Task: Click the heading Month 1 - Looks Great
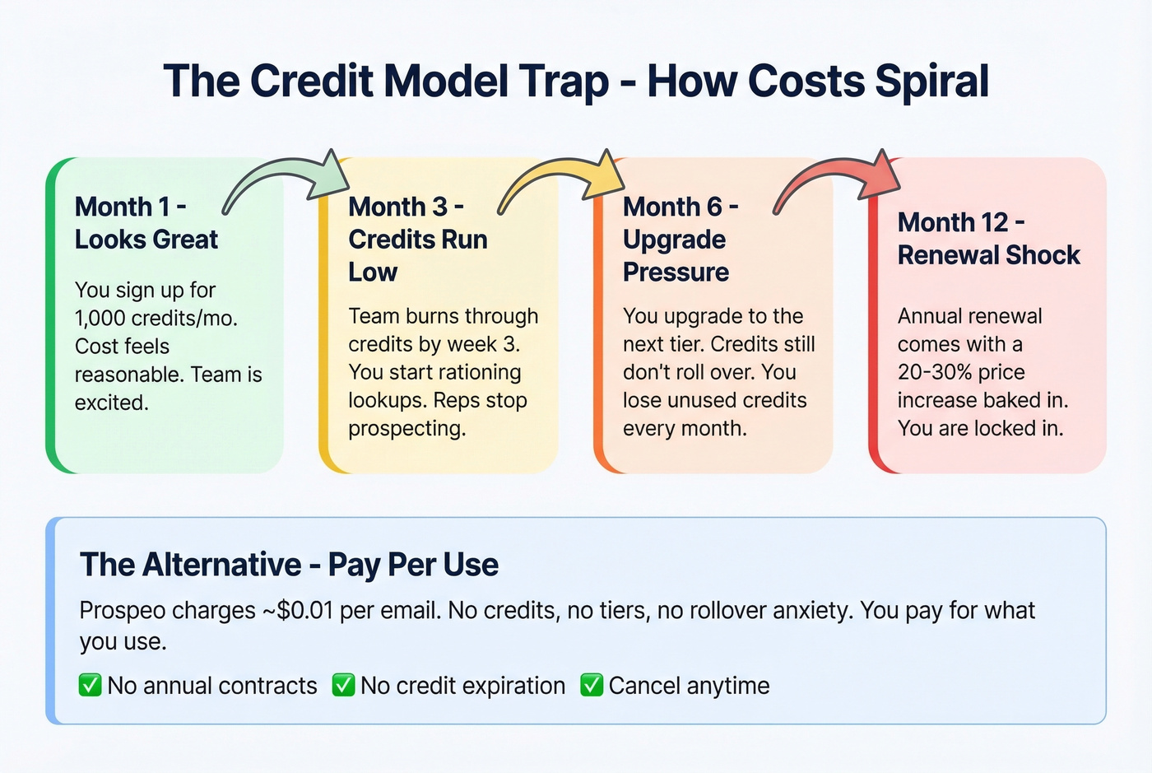(146, 223)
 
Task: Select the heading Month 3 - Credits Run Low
(417, 240)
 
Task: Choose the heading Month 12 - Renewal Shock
(987, 239)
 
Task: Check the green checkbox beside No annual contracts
(90, 685)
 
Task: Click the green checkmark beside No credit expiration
(343, 685)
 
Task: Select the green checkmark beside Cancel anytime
(592, 685)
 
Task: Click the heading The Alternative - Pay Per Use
(289, 565)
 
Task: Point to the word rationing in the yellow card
(477, 372)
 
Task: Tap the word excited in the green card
(110, 403)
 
